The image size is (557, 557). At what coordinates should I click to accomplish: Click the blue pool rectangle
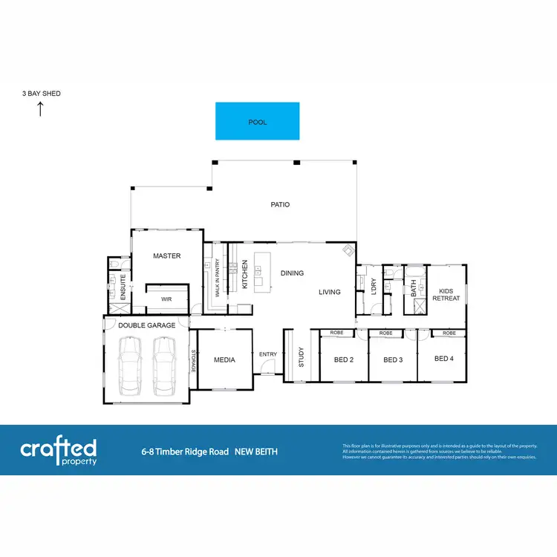[257, 121]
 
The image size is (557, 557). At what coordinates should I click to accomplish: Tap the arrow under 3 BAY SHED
[41, 109]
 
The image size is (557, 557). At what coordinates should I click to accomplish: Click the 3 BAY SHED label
[42, 94]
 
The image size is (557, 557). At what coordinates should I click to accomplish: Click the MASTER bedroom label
[167, 256]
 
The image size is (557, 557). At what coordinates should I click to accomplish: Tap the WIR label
[166, 299]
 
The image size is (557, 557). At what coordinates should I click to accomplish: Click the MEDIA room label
[224, 360]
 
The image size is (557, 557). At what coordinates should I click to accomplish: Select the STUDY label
[302, 359]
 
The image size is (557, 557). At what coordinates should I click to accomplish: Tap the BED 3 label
[392, 359]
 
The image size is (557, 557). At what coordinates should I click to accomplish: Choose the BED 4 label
[443, 359]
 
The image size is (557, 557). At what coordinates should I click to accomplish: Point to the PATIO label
[280, 204]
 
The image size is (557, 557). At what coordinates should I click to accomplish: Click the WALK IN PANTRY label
[218, 278]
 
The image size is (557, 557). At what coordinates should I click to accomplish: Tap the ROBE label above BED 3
[386, 333]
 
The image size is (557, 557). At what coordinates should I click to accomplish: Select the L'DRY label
[374, 286]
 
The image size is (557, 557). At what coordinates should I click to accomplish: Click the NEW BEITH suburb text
[256, 452]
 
